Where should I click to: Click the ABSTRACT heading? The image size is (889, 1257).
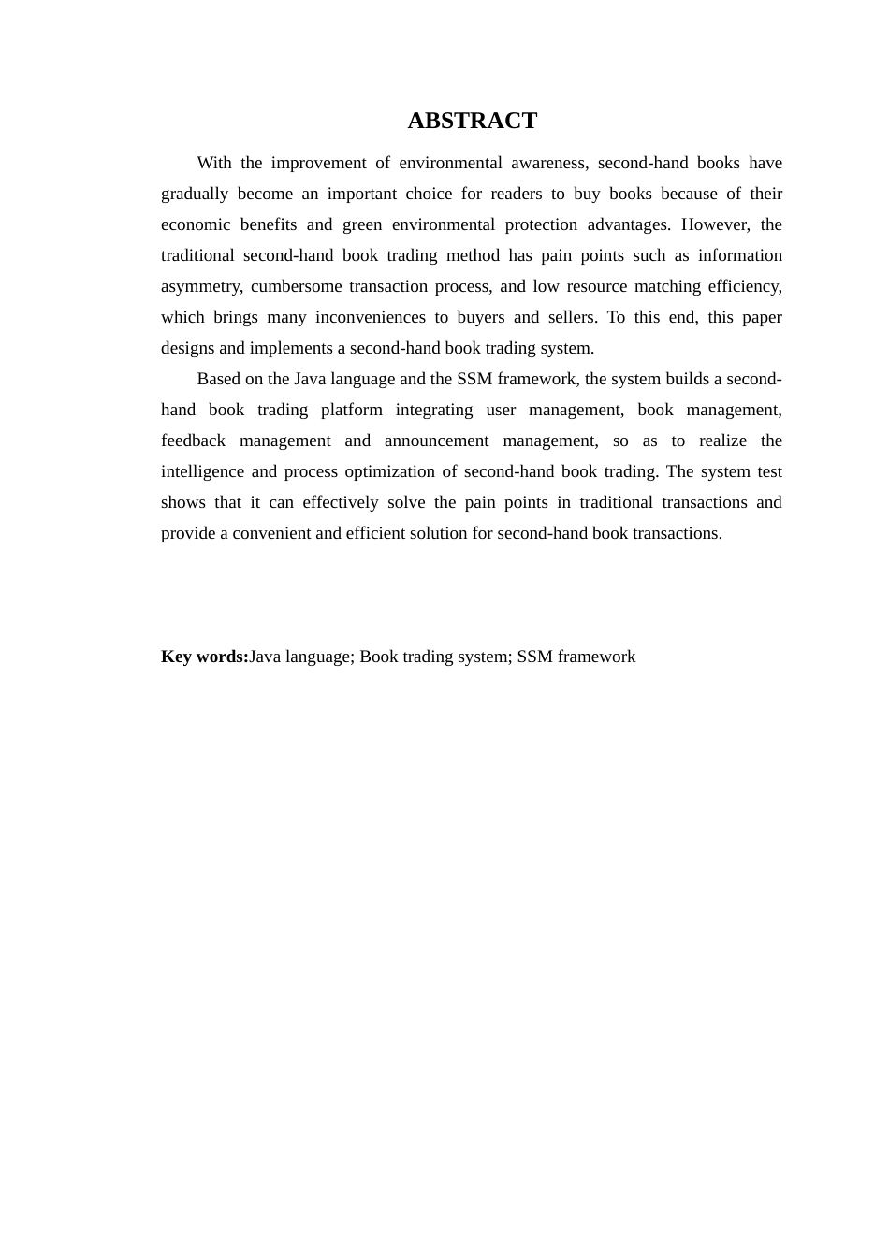click(x=472, y=121)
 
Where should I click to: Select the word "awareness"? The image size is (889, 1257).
click(x=549, y=163)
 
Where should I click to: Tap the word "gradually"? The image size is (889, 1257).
click(x=195, y=194)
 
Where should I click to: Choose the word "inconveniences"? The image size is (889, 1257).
click(x=369, y=317)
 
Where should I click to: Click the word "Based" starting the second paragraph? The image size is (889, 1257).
click(x=218, y=379)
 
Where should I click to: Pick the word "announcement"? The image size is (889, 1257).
click(x=436, y=441)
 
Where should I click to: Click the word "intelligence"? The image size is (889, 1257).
click(x=202, y=471)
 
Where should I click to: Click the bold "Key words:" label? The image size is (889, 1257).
click(x=205, y=657)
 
